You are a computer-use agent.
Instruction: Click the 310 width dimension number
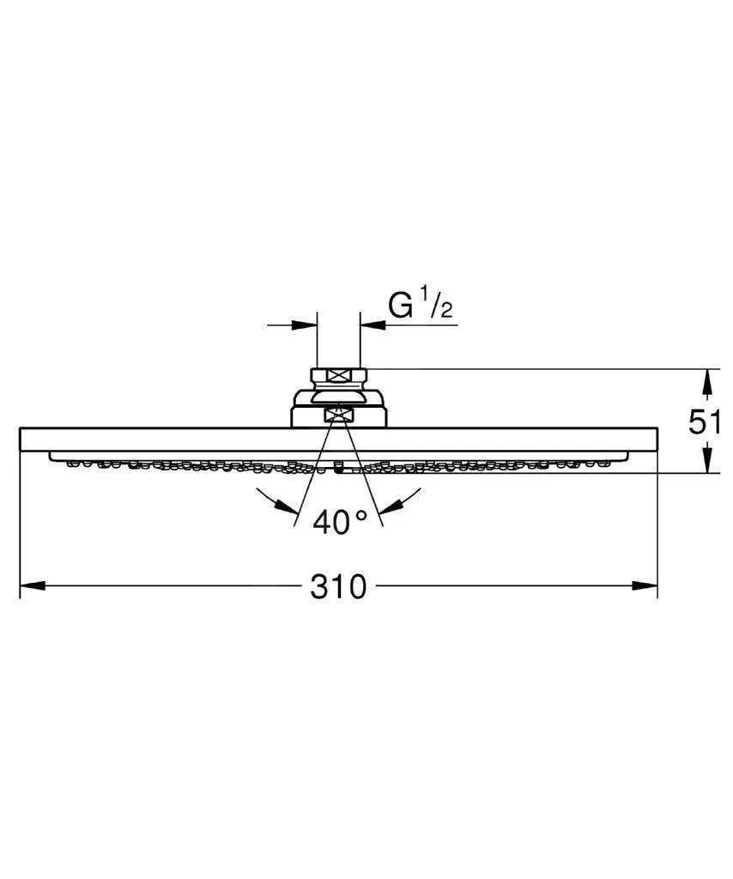coord(339,587)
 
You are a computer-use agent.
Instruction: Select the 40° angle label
coord(339,521)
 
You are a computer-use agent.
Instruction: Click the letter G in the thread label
coord(402,306)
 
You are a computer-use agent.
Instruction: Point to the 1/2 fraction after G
coord(437,306)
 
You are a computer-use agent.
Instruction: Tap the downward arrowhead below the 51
coord(706,462)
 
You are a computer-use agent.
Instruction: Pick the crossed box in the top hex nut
coord(339,374)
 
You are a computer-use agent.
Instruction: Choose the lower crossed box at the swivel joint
coord(339,415)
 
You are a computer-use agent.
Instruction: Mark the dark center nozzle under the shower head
coord(339,469)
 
